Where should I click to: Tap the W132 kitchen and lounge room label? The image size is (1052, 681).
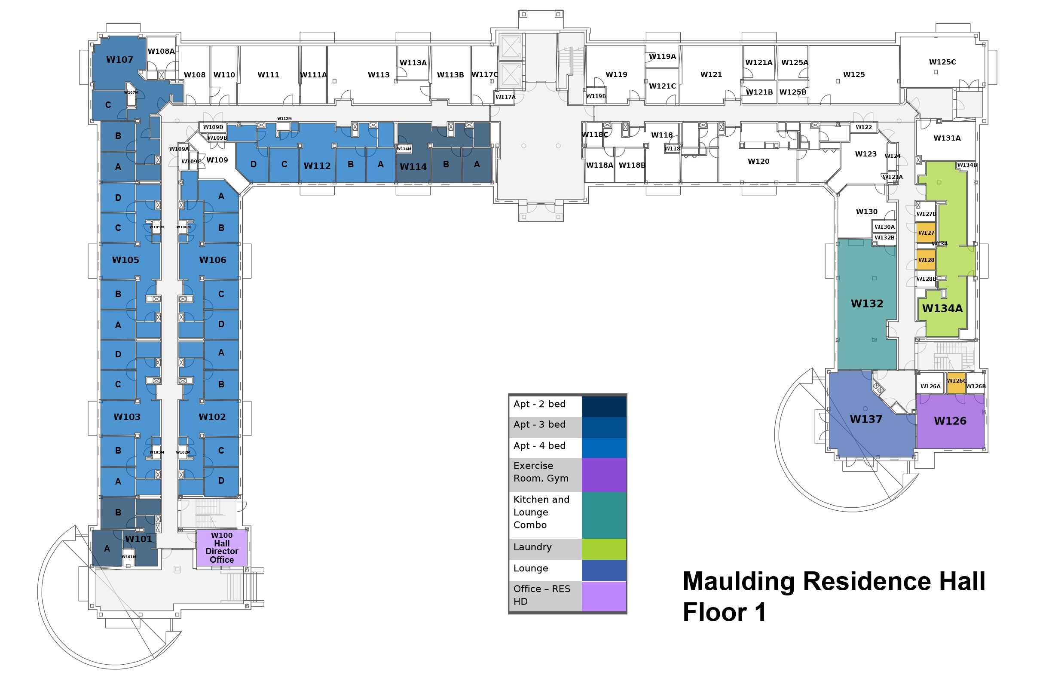867,304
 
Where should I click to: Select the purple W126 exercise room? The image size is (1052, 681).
950,421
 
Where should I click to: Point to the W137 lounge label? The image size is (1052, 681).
866,419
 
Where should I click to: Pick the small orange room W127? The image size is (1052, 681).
926,233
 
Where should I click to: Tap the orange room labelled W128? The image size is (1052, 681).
926,260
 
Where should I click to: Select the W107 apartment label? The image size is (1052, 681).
119,60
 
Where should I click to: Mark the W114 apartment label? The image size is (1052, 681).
413,167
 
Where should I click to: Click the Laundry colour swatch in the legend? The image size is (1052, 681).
604,549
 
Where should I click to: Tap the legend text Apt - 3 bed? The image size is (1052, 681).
539,424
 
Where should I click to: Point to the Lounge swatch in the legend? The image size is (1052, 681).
604,570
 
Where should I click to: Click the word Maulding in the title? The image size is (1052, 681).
738,582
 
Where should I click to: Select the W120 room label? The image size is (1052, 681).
758,161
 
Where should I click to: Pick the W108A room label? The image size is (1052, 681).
161,51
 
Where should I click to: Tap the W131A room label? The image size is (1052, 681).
947,138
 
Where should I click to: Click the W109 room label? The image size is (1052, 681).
217,160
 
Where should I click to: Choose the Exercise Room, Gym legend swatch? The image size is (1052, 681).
604,475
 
